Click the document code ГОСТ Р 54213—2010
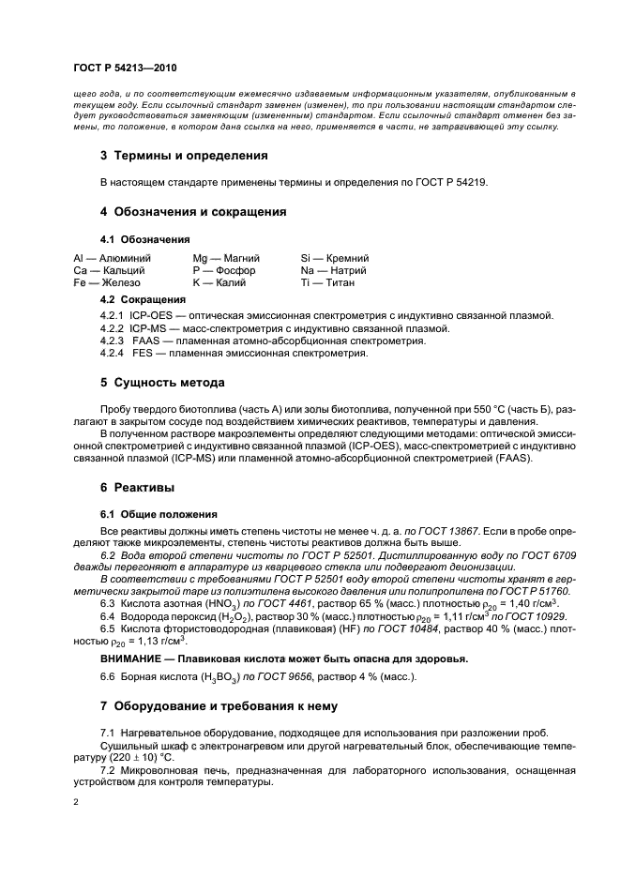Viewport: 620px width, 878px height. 125,68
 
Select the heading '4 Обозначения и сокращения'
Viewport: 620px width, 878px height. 193,212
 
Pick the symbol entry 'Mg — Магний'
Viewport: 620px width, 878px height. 226,257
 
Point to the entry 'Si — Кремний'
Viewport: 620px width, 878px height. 334,257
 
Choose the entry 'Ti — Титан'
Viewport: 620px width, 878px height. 327,281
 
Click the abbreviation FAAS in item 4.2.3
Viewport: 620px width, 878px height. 147,341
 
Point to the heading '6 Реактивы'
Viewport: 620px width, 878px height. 137,489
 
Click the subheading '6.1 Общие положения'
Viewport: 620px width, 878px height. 158,514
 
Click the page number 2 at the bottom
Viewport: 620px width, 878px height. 76,803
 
